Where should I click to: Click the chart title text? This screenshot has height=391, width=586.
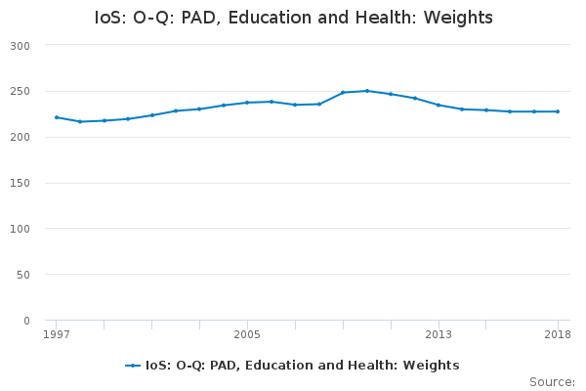click(x=293, y=18)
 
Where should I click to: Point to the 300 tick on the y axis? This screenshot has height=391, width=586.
click(x=20, y=46)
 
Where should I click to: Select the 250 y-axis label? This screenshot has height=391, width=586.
click(x=20, y=91)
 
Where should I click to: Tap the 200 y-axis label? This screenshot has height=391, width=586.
click(x=20, y=137)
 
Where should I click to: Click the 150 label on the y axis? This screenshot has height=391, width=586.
click(x=20, y=183)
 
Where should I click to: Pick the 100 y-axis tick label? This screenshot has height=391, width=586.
click(x=20, y=229)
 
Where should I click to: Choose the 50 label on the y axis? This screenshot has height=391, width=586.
click(x=22, y=275)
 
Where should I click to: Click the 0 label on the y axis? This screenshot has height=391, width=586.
click(x=26, y=321)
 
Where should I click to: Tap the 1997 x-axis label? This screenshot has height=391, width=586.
click(x=57, y=334)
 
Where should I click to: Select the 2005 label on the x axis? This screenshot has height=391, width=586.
click(x=247, y=334)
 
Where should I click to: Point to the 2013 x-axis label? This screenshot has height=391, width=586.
click(x=439, y=334)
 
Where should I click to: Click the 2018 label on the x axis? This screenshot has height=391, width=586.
click(x=558, y=334)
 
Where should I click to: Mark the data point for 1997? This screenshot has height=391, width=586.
click(x=57, y=117)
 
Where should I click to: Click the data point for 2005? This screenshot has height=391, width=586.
click(x=247, y=103)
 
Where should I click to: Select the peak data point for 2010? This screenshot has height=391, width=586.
click(x=367, y=91)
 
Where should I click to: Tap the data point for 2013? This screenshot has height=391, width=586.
click(x=439, y=106)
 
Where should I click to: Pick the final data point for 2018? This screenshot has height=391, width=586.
click(x=558, y=111)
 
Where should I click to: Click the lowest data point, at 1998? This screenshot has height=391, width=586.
click(x=80, y=121)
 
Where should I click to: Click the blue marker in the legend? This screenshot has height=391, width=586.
click(x=133, y=366)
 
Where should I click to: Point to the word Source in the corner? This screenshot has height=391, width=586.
click(x=552, y=382)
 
